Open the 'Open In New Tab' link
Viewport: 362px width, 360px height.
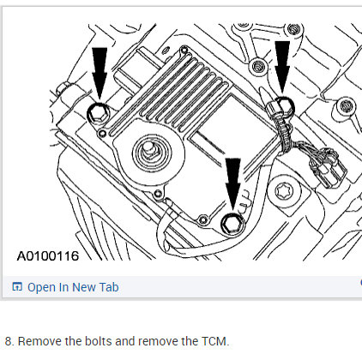tap(73, 287)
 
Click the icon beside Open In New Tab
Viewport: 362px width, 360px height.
tap(17, 287)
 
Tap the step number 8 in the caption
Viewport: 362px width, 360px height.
tap(9, 341)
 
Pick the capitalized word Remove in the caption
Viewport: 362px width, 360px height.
tap(38, 341)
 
